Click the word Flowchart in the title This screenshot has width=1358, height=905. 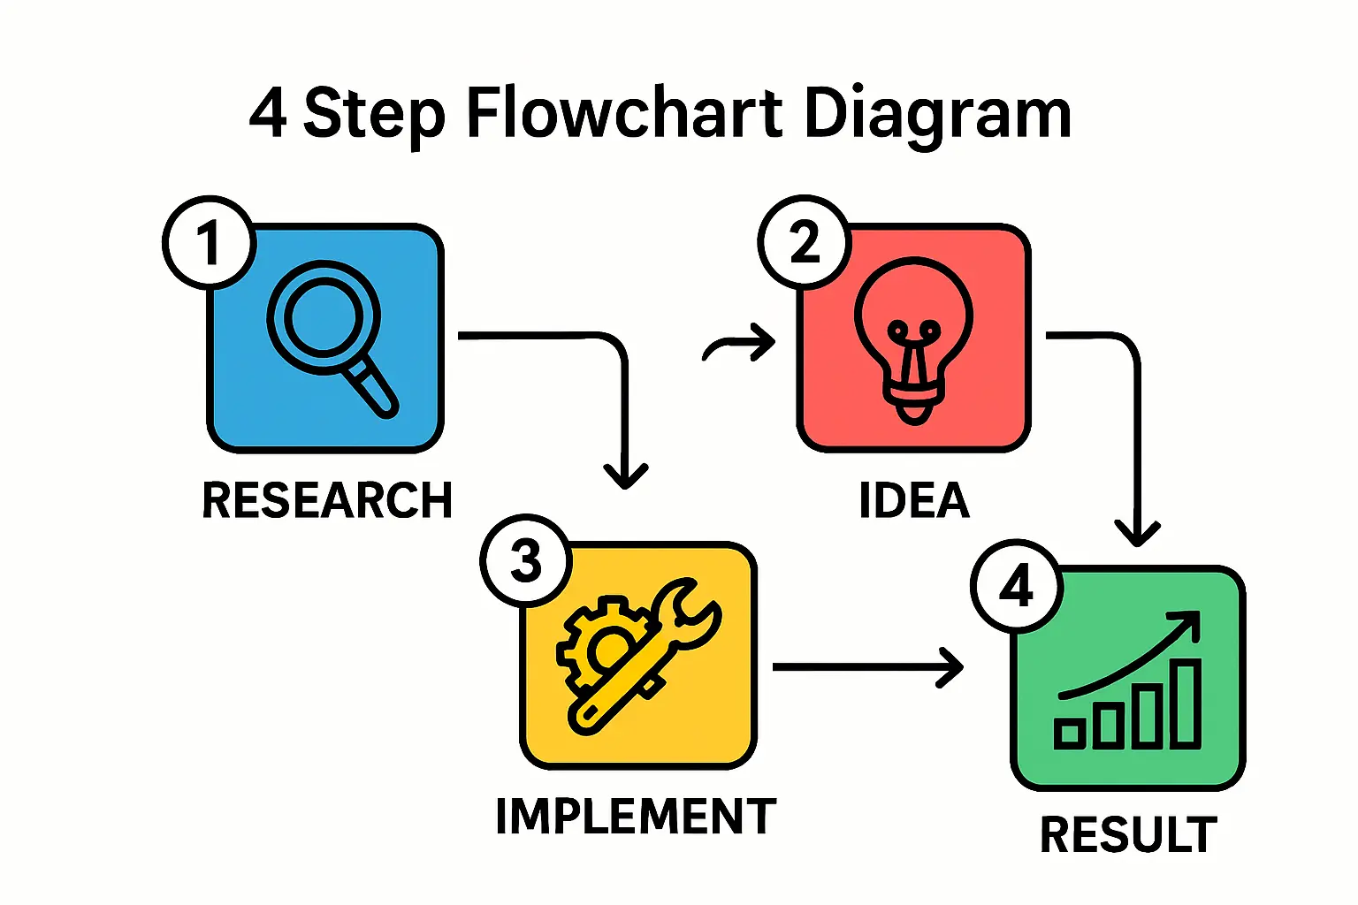[x=624, y=114]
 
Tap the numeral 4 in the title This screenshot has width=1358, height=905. [x=267, y=114]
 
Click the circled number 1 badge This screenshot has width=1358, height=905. [x=209, y=242]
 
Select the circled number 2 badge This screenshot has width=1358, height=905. [x=804, y=241]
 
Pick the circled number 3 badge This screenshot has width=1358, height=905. [x=526, y=560]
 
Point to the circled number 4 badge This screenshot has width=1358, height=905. [x=1016, y=585]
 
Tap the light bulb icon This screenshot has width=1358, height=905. [x=913, y=339]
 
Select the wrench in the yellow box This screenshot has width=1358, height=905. [x=654, y=654]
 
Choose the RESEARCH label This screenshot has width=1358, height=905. [x=327, y=500]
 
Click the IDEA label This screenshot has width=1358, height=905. [x=914, y=500]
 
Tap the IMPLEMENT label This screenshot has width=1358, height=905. [x=636, y=816]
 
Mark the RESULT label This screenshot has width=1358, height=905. [x=1128, y=835]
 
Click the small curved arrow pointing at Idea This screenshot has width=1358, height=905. [x=738, y=344]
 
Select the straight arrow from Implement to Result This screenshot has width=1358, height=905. [x=866, y=666]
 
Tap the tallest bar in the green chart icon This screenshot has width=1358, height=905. [x=1186, y=703]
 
